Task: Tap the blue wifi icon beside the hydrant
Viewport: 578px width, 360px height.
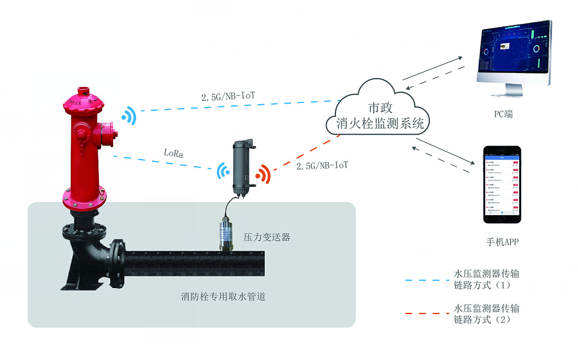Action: (129, 116)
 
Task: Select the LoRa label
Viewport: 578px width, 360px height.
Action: (173, 153)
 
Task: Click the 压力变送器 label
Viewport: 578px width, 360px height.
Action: (266, 237)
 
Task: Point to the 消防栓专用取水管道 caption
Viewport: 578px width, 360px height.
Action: (223, 296)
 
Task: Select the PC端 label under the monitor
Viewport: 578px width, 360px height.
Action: (503, 114)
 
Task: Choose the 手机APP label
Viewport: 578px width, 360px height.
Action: (502, 242)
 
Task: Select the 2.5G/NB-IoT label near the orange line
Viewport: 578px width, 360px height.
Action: (322, 166)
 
